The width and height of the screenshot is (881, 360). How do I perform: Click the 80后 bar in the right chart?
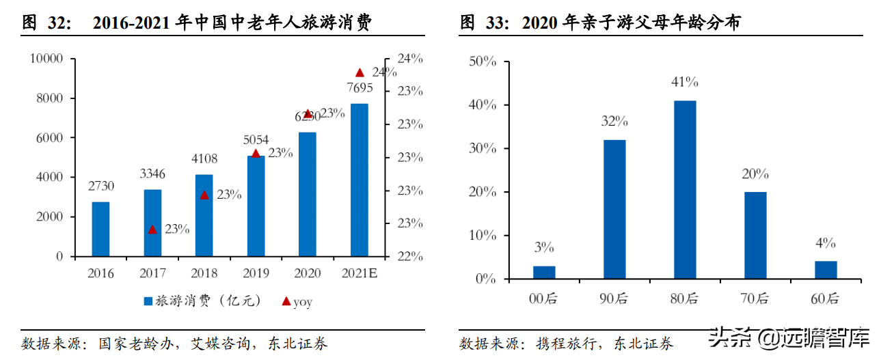[x=685, y=189]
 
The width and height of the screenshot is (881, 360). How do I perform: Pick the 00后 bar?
[x=544, y=272]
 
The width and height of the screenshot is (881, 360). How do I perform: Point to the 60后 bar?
[x=826, y=270]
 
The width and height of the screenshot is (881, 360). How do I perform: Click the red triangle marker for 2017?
[x=152, y=229]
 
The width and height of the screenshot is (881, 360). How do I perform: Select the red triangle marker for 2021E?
[x=360, y=72]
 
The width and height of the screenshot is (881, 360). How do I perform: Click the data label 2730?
[x=100, y=186]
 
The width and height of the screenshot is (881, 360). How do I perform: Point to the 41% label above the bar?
[x=685, y=83]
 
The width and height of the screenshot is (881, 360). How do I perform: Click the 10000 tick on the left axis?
[x=46, y=59]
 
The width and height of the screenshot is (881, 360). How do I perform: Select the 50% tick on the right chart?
[x=482, y=61]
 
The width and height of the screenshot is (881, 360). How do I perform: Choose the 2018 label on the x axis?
[x=204, y=273]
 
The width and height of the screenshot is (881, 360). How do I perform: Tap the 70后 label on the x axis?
[x=755, y=298]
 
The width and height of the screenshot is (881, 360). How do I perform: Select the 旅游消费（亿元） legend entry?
[x=195, y=301]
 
